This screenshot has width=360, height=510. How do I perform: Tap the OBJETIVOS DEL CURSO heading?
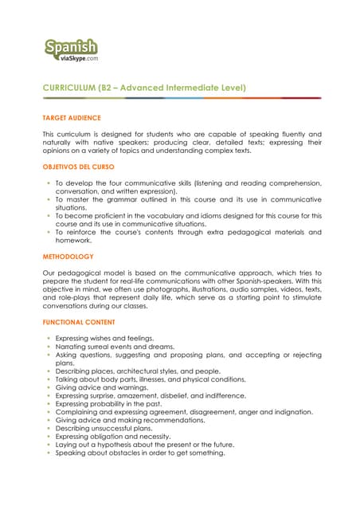coord(78,167)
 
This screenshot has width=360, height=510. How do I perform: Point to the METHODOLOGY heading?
coord(68,257)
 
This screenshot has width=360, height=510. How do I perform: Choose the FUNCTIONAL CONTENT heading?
coord(78,322)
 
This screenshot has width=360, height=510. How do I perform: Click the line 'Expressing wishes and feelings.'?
coord(104,339)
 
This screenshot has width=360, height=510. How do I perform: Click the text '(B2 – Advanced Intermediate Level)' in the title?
coord(176,87)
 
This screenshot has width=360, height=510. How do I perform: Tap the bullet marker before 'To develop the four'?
coord(49,182)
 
